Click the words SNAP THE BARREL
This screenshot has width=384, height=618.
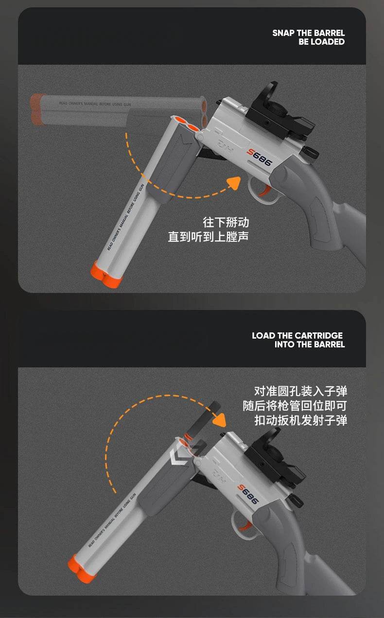308,33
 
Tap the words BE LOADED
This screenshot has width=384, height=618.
321,42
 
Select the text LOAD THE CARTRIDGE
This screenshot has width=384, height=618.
297,336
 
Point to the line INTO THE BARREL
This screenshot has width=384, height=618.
309,345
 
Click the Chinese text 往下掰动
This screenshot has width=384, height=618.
226,222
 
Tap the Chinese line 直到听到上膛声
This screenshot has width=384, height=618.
209,237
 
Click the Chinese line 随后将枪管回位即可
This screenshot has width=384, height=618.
295,406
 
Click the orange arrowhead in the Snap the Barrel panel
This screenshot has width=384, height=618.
234,183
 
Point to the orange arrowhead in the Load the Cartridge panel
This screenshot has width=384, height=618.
220,419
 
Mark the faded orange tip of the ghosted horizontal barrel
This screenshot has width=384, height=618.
38,109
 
